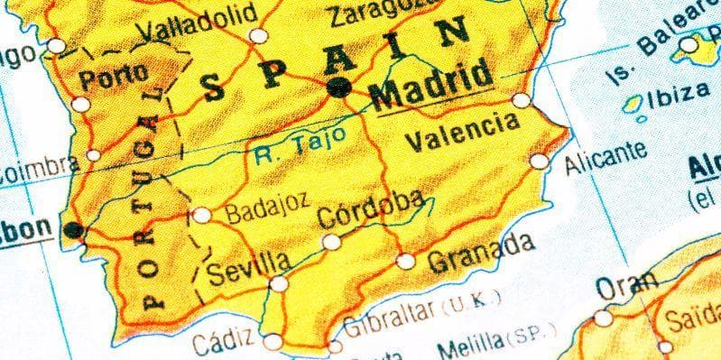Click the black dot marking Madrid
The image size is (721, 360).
coord(339,87)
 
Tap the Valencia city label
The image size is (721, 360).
coord(463,132)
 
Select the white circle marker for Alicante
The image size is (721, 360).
coord(539,162)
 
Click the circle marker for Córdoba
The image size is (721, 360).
coord(332,242)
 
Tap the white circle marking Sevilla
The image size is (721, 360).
coord(280,283)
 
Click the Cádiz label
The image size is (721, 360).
coord(223,343)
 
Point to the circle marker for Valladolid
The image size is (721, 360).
coord(259,36)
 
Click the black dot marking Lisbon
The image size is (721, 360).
coord(74,231)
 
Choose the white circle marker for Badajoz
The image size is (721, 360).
coord(202,215)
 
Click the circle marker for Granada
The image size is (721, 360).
coord(406,262)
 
